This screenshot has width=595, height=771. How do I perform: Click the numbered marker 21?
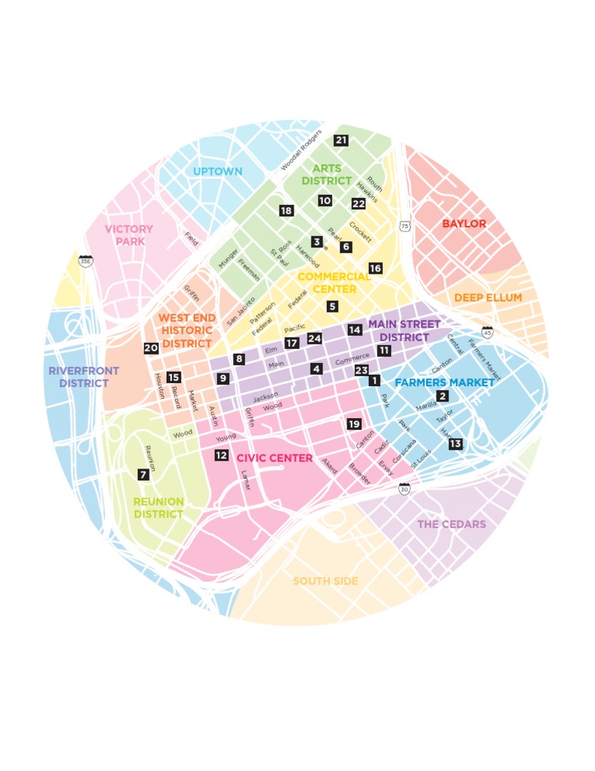341,140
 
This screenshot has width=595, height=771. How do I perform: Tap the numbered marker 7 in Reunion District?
143,474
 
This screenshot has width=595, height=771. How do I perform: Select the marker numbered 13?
455,444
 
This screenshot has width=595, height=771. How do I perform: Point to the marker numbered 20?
150,348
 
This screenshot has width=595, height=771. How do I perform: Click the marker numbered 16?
375,268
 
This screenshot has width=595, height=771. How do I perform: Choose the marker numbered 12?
222,455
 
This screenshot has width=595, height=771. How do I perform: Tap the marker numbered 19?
354,424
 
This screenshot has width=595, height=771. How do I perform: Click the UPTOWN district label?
218,171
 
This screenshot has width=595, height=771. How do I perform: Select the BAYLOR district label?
464,224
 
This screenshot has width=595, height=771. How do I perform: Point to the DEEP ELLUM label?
487,298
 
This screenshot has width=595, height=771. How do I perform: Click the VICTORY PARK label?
129,235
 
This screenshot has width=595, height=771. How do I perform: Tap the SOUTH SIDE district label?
325,581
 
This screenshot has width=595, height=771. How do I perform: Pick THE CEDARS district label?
452,524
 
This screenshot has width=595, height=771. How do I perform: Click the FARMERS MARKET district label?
444,382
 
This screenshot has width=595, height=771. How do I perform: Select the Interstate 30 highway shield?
404,489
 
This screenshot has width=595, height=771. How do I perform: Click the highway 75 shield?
404,226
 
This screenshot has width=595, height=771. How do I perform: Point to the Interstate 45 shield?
487,332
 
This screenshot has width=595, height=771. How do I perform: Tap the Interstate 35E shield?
85,261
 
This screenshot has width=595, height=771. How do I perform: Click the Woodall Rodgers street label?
301,150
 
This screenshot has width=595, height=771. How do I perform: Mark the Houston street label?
160,385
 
